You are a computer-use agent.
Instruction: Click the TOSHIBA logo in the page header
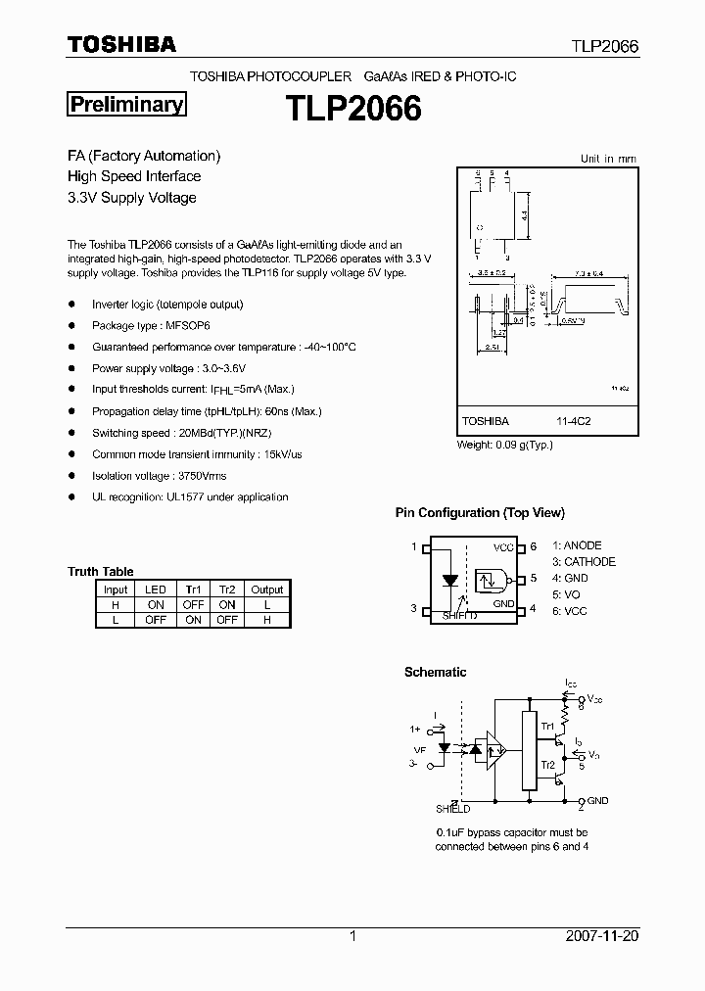tap(121, 44)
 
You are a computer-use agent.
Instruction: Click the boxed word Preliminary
tap(125, 105)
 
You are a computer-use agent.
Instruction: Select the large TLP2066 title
tap(353, 108)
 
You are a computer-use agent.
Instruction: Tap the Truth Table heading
tap(101, 572)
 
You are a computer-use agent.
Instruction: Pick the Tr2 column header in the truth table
tap(227, 590)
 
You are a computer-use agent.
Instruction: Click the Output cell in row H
tap(266, 605)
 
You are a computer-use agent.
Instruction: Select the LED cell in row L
tap(155, 620)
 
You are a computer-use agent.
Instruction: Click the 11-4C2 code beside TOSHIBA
tap(573, 421)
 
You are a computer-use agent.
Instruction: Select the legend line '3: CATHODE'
tap(584, 562)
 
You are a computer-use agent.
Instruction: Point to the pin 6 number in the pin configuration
tap(534, 546)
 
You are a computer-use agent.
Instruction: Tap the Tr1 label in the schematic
tap(548, 728)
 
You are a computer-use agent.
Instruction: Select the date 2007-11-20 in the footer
tap(602, 936)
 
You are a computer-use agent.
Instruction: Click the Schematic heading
tap(435, 672)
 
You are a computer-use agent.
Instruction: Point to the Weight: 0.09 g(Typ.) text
tap(505, 445)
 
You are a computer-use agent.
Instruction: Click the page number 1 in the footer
tap(352, 936)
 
